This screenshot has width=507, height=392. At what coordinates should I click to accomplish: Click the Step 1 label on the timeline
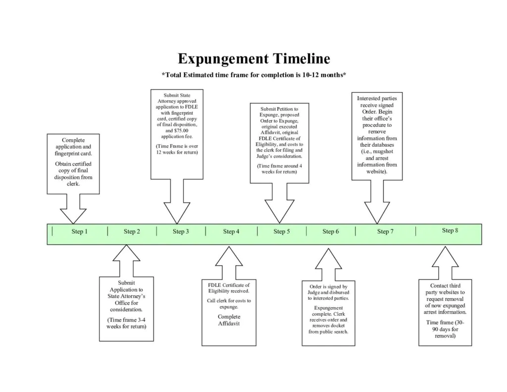[79, 231]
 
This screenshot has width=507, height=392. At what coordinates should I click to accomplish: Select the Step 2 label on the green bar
[132, 231]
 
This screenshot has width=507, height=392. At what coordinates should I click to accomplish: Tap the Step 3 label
[181, 231]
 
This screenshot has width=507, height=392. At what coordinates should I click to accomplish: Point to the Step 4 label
[231, 231]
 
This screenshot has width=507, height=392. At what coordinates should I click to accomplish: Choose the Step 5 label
[281, 231]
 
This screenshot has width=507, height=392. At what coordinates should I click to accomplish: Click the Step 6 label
[331, 231]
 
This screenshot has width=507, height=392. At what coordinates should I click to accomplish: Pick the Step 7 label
[385, 231]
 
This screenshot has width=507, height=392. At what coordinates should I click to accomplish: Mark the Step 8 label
[450, 230]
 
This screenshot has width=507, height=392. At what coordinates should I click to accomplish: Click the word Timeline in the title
[301, 59]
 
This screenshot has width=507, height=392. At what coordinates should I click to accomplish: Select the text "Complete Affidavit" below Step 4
[229, 320]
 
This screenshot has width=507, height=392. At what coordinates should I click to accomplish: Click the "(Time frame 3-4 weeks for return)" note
[126, 323]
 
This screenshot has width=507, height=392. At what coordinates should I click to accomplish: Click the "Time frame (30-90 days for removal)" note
[445, 329]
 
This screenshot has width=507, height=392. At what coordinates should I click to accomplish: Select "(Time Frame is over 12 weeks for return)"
[177, 149]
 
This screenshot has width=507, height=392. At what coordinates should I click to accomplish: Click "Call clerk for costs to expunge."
[229, 304]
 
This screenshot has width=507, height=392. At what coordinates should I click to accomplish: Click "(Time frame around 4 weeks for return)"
[280, 168]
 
